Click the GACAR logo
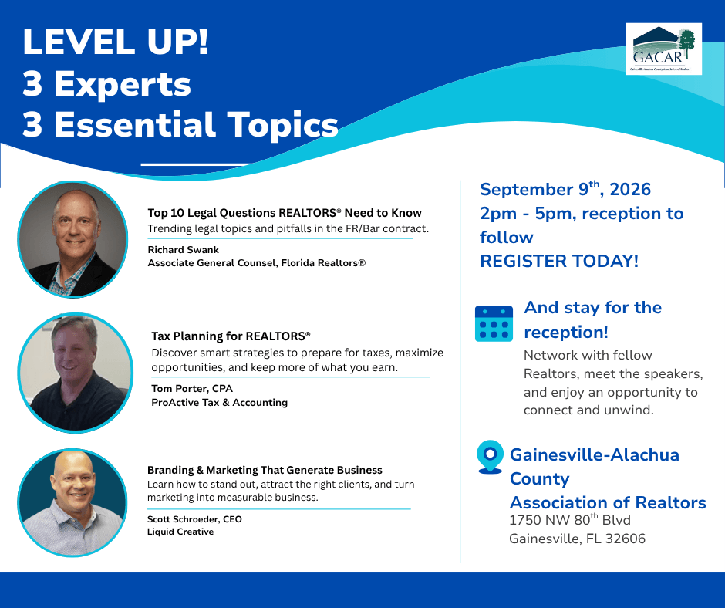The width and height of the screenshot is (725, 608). point(663,49)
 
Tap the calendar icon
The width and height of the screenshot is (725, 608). point(494,323)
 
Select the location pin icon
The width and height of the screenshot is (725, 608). point(490,457)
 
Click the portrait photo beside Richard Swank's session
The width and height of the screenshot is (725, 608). point(72,239)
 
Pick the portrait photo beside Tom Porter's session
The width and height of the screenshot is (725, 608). point(76,373)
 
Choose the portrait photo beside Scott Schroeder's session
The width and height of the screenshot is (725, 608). point(72,502)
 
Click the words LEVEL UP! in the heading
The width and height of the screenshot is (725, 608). point(116,42)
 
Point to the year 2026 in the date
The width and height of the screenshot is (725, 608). point(630,189)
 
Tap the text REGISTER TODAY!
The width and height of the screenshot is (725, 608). point(559,261)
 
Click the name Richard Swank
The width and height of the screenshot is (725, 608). point(183,250)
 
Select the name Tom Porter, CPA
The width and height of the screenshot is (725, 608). point(192,389)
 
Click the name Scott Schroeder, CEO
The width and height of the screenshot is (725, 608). point(194,519)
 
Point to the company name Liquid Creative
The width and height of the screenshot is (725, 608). point(180,532)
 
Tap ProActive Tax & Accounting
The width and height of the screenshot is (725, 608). point(219,403)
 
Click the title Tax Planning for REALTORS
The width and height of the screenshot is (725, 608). point(231,336)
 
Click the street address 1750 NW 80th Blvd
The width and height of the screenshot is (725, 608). point(570,519)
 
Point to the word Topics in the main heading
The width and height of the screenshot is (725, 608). point(282,125)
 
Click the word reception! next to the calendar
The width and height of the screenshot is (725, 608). point(566,333)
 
